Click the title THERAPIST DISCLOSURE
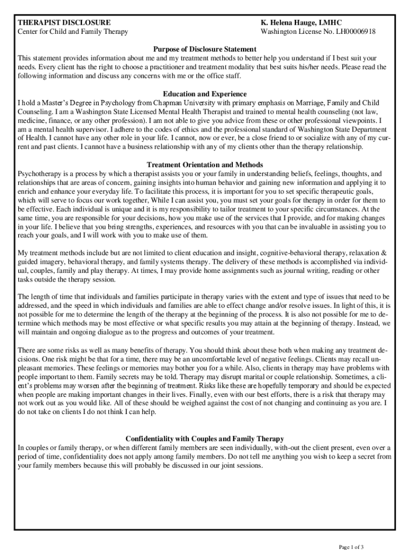click(64, 23)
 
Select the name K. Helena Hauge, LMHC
click(297, 23)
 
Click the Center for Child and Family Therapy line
click(73, 32)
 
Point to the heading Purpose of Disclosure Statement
click(204, 49)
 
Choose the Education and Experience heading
click(204, 94)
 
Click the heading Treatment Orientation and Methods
click(204, 165)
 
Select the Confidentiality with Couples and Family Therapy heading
click(204, 439)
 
